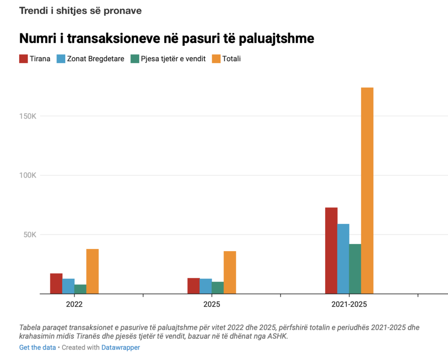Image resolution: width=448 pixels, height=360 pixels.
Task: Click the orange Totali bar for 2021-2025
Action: click(367, 190)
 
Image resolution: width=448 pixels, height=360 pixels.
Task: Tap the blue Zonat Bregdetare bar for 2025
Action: click(206, 286)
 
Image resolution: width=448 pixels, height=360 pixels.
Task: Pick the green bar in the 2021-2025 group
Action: click(355, 269)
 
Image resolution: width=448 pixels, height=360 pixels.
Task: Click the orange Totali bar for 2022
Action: click(92, 271)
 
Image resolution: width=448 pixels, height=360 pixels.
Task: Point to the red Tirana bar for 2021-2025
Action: click(331, 250)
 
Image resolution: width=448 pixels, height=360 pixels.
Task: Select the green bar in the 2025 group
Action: click(217, 287)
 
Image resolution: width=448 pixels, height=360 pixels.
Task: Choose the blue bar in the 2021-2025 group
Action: click(343, 259)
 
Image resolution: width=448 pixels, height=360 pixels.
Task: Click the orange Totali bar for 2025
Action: click(230, 272)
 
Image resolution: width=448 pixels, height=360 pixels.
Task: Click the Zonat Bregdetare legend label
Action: click(95, 59)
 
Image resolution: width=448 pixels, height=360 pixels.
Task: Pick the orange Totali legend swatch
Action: click(216, 59)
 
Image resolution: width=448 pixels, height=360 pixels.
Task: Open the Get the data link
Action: click(37, 347)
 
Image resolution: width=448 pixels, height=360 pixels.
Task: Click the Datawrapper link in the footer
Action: click(120, 347)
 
